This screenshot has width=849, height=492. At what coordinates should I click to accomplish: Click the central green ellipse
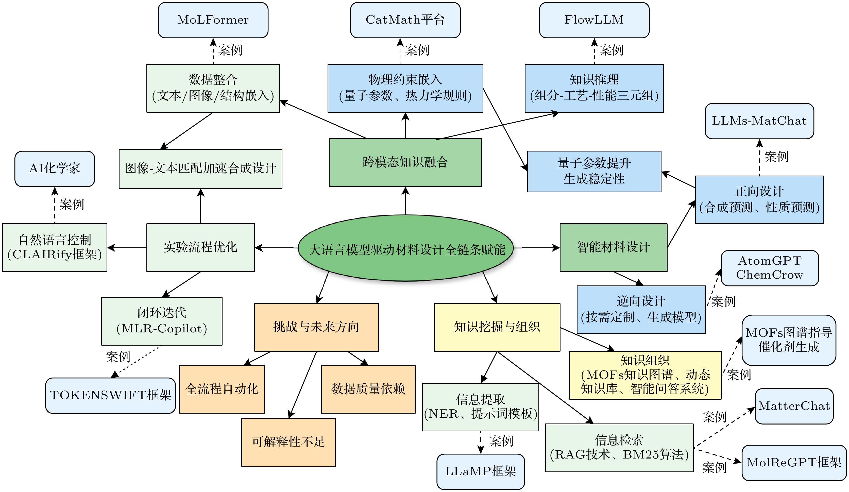pos(406,248)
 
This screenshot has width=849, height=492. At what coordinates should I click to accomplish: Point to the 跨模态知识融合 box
pos(405,162)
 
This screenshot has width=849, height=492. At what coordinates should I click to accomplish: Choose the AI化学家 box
pos(55,168)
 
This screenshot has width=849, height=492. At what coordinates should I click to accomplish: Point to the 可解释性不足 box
pos(288,442)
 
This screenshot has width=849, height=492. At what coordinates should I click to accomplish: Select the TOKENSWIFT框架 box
pos(111,395)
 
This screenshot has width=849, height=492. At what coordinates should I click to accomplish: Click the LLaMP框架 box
pos(480,471)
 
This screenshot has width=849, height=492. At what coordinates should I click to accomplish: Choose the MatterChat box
pos(794,406)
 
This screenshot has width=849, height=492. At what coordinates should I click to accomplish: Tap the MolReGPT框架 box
pos(794,463)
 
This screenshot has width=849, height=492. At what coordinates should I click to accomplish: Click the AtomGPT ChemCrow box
pos(770,268)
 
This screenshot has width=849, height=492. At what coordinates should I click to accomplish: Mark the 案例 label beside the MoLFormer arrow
pos(230,50)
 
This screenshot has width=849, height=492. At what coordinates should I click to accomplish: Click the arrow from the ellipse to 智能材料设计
pos(536,248)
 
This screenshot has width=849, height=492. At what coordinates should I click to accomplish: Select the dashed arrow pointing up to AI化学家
pos(55,206)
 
